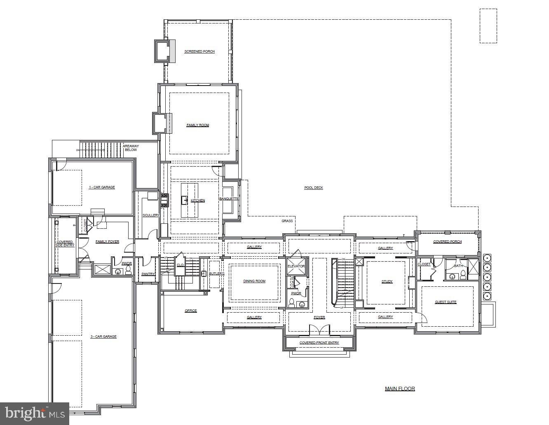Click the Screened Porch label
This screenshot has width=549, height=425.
click(199, 51)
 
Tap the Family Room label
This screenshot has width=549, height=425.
click(198, 125)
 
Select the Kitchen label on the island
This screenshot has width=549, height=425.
click(198, 200)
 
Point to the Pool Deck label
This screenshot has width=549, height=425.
click(314, 188)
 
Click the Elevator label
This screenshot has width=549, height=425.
click(296, 266)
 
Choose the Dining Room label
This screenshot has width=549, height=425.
click(254, 281)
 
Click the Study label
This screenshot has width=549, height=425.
click(387, 281)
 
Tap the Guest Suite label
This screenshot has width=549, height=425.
click(446, 302)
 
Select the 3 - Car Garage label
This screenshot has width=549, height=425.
click(103, 337)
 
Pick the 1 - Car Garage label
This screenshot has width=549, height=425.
click(102, 187)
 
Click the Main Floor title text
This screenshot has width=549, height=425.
click(400, 388)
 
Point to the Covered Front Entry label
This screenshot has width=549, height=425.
click(319, 342)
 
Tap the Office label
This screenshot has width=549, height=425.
click(191, 311)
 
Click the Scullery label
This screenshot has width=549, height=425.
click(151, 215)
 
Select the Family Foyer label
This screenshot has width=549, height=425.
click(107, 242)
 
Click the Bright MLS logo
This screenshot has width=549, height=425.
click(35, 413)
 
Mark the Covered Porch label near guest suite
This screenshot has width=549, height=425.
click(447, 242)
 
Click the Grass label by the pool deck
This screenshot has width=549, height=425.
click(287, 221)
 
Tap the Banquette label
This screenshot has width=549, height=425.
click(229, 199)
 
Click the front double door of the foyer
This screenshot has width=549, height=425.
click(319, 330)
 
